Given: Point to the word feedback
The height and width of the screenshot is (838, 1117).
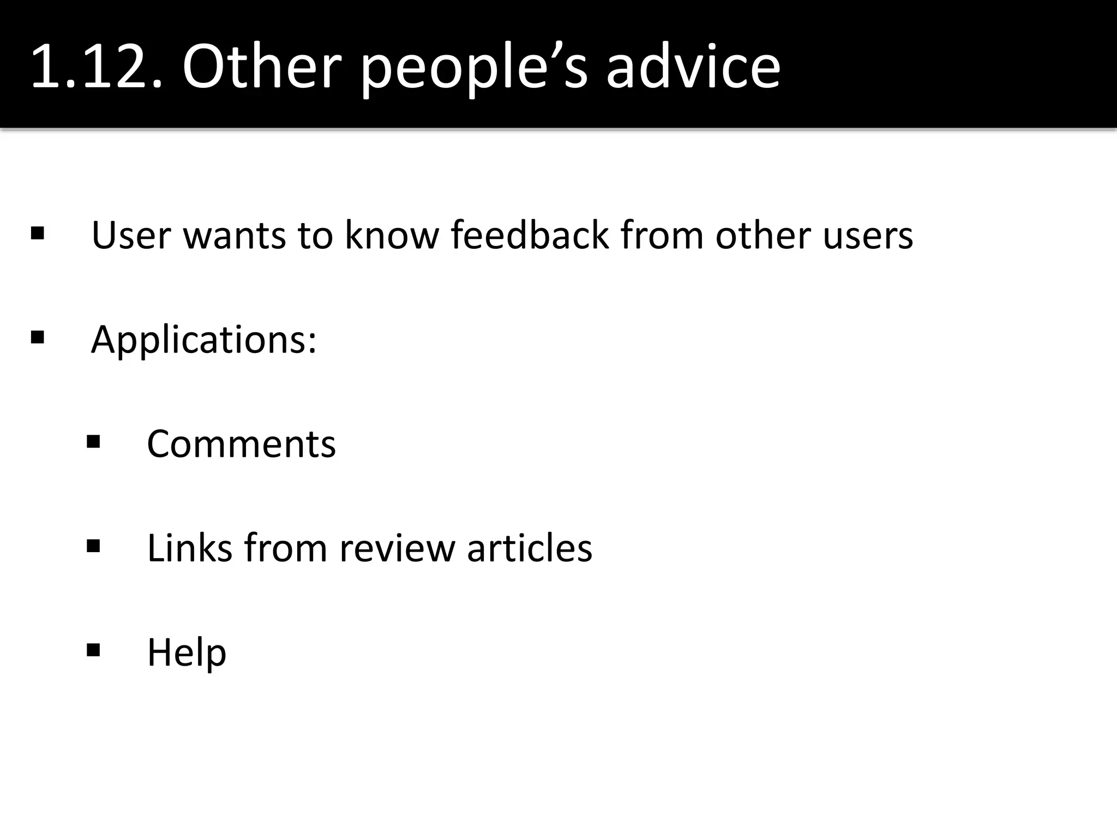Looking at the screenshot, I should pyautogui.click(x=530, y=236).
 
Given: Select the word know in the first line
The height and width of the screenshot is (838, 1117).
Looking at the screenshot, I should pyautogui.click(x=392, y=236).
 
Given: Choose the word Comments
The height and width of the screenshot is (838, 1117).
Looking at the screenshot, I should pyautogui.click(x=241, y=444).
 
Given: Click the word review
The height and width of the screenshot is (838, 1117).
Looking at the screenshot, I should pyautogui.click(x=397, y=548).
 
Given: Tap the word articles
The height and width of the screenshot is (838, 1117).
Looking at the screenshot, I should pyautogui.click(x=530, y=548).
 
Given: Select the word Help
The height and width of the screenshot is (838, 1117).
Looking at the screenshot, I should pyautogui.click(x=187, y=653).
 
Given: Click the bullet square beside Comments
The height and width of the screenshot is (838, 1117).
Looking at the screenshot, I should pyautogui.click(x=93, y=441).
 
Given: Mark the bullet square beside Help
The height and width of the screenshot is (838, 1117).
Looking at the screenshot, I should pyautogui.click(x=93, y=650).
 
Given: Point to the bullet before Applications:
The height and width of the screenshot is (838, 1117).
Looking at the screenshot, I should pyautogui.click(x=38, y=337).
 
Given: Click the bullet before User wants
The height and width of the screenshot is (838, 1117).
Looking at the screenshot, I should pyautogui.click(x=38, y=234).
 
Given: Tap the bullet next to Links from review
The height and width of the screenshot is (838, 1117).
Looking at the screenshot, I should pyautogui.click(x=93, y=546).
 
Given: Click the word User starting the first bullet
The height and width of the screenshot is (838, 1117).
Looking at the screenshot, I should pyautogui.click(x=131, y=236).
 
